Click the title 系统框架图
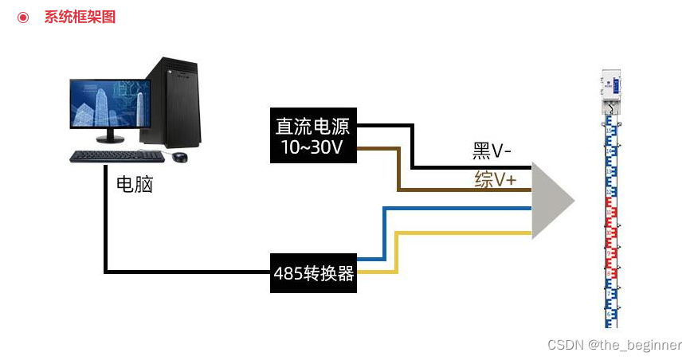(x=80, y=17)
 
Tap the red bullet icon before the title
(x=23, y=17)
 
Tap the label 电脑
(x=134, y=185)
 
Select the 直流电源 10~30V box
(x=313, y=136)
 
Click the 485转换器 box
(x=313, y=273)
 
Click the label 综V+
(x=495, y=180)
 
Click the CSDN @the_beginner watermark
(x=614, y=345)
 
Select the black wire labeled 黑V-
(x=470, y=167)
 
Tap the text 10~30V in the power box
(x=313, y=147)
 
